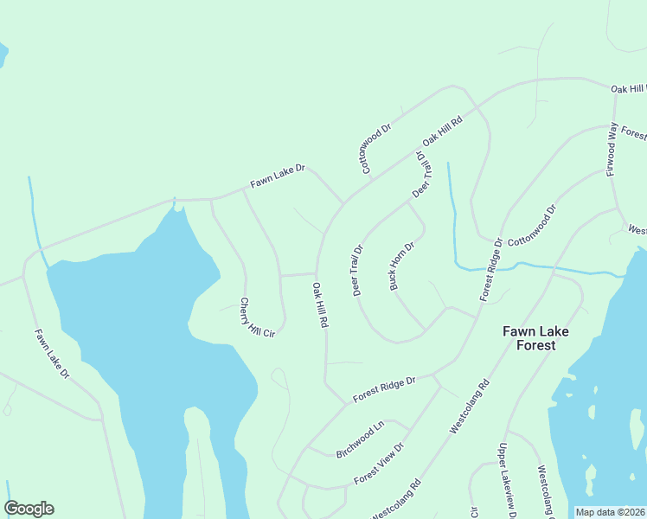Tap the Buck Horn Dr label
coord(403,266)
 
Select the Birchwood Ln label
coord(360,439)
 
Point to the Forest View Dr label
coord(379,468)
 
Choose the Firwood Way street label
coord(612,150)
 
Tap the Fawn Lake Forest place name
coord(529,337)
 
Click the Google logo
coord(29,509)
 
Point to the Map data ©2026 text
coord(610,512)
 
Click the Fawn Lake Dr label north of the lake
coord(278,177)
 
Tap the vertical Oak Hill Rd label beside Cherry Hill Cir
coord(320,304)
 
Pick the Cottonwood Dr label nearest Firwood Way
coord(532,226)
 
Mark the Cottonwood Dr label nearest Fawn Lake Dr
coord(377,148)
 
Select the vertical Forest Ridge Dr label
coord(491,269)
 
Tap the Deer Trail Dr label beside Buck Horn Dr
coord(357,270)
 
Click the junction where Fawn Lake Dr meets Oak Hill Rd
coord(343,204)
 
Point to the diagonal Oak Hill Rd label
coord(442,130)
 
